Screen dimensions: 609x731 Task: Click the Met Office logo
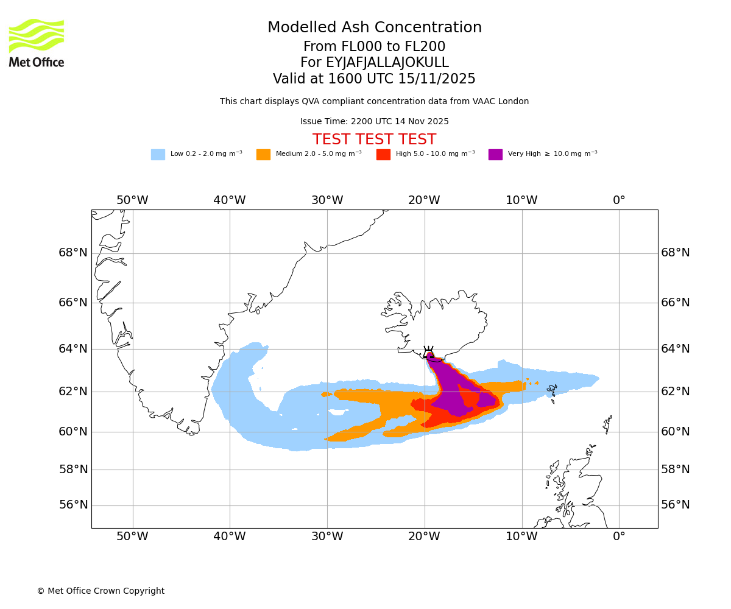click(37, 43)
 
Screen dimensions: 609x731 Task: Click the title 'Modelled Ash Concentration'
click(375, 28)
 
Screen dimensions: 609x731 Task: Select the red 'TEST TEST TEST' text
click(375, 140)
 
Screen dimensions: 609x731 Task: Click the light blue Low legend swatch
click(158, 155)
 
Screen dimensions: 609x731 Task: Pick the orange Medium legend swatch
click(263, 155)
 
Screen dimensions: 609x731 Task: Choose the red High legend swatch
click(383, 155)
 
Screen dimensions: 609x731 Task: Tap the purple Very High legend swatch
click(495, 155)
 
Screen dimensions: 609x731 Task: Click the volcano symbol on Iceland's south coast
click(429, 351)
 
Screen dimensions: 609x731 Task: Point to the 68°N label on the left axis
click(73, 253)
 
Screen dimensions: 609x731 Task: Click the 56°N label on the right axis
click(676, 505)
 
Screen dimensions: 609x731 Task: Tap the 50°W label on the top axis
click(132, 200)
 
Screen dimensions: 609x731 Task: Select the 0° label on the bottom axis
click(619, 537)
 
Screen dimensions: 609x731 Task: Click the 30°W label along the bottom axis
click(327, 537)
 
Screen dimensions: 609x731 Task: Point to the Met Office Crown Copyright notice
click(101, 591)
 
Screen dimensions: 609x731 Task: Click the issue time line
click(375, 122)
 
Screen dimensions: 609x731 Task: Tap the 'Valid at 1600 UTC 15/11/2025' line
click(375, 79)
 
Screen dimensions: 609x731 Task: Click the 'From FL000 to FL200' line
click(375, 47)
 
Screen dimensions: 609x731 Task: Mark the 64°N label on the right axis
click(676, 348)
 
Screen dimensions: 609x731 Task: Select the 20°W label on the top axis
click(424, 200)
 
